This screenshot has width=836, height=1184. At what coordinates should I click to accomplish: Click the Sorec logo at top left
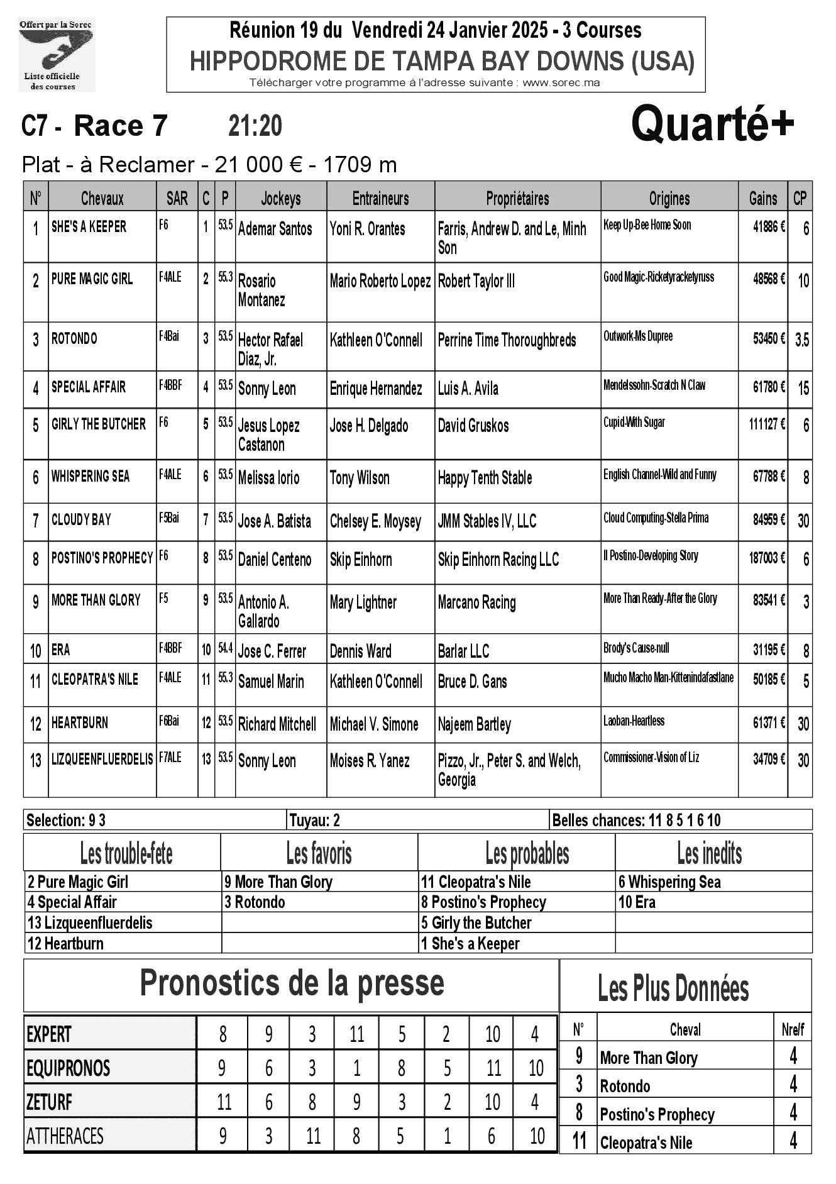56,55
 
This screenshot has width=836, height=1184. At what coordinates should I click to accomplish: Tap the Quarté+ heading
712,124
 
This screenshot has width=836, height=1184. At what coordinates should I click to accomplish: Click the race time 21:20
255,126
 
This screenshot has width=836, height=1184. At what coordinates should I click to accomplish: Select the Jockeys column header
280,199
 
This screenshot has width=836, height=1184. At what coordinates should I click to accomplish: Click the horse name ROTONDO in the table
74,339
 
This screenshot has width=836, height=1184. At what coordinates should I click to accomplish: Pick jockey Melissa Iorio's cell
269,478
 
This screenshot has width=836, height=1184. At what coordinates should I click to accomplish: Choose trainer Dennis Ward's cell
361,651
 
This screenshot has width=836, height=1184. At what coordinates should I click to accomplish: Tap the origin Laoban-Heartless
634,721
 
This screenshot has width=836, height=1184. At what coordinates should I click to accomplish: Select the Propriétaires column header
517,199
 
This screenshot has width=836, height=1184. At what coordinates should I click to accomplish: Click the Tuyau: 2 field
314,820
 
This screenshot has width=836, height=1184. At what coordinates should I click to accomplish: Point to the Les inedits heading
709,853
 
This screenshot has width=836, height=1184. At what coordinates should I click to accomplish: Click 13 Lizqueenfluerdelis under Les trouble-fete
90,922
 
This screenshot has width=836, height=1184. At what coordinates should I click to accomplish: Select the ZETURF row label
49,1101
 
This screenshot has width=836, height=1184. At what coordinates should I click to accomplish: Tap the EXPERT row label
49,1034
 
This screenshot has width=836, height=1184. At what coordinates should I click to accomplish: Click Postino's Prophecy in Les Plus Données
657,1114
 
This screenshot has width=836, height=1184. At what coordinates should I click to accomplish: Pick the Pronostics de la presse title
292,983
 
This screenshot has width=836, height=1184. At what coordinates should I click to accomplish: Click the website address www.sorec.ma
561,82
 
